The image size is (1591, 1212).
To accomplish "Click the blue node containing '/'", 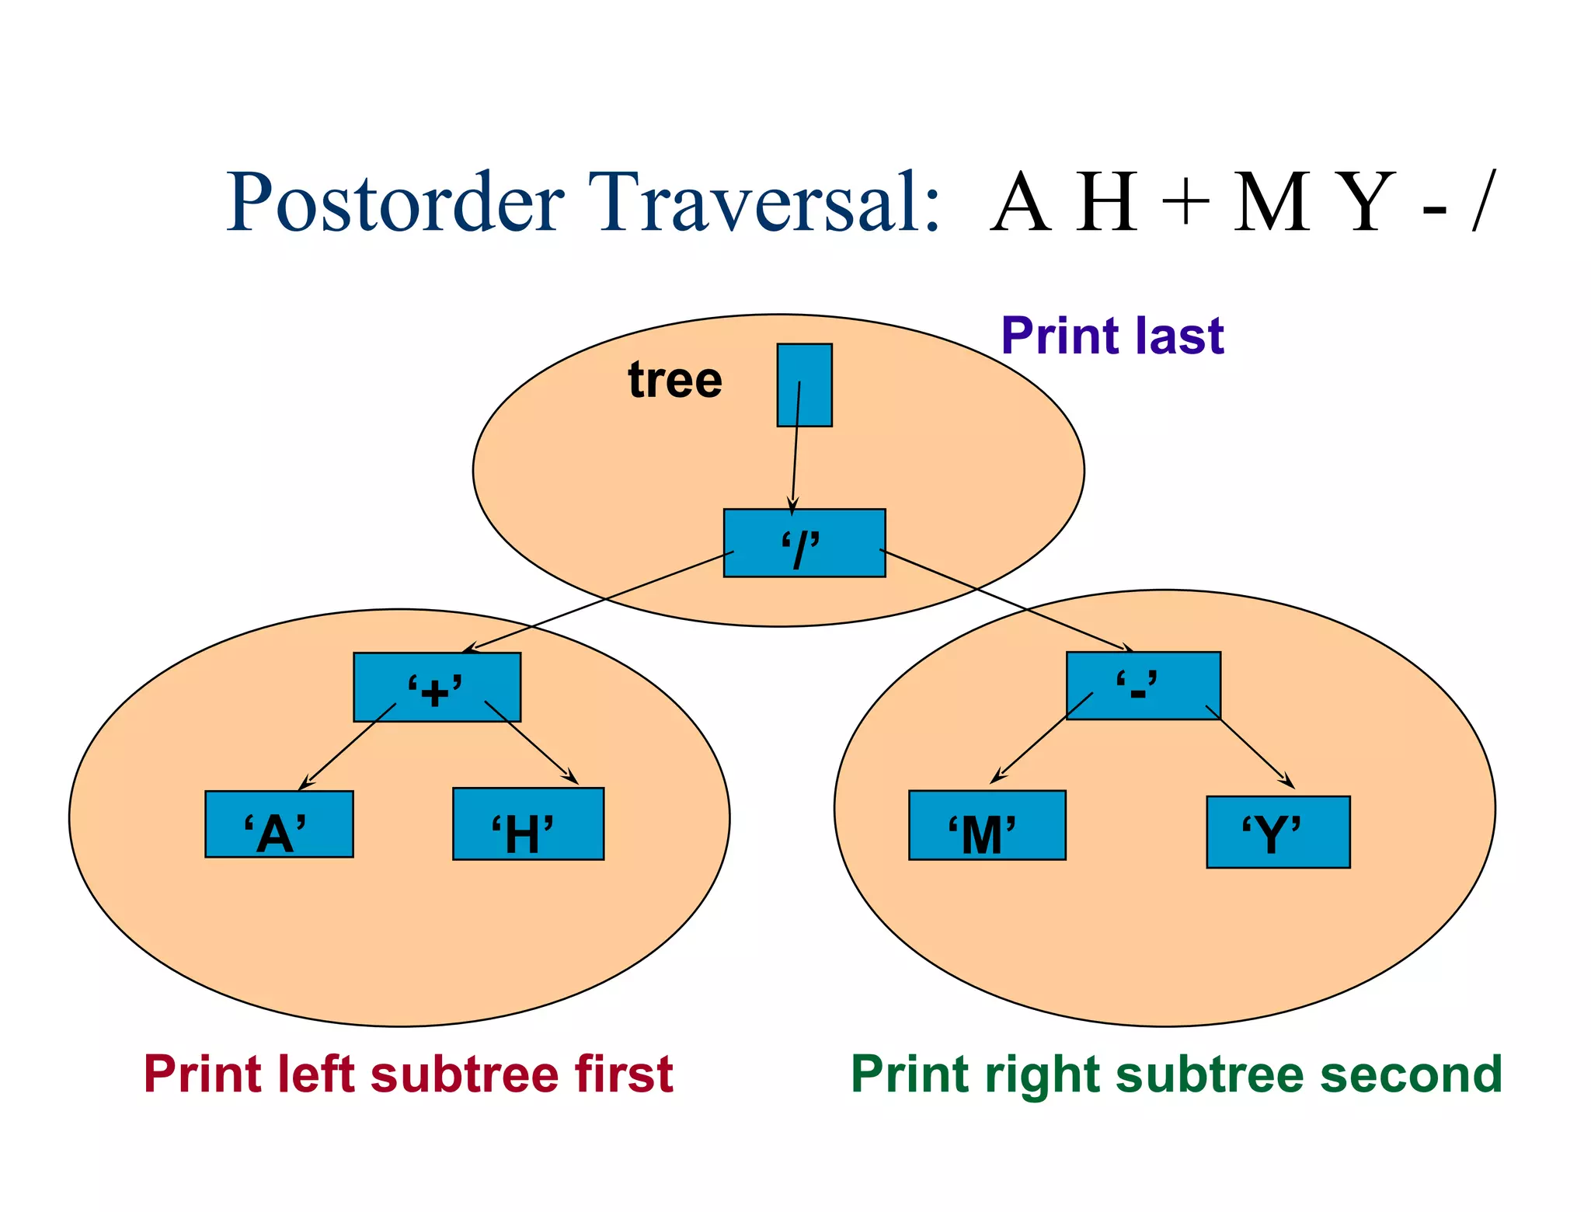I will (804, 543).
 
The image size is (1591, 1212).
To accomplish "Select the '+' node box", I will (437, 687).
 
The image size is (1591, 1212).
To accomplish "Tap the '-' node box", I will (1143, 685).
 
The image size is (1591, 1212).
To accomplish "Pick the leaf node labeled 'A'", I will (279, 824).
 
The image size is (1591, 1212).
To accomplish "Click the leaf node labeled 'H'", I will (528, 824).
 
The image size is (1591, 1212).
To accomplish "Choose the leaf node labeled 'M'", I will (987, 825).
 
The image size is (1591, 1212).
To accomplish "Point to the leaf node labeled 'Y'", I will (1278, 832).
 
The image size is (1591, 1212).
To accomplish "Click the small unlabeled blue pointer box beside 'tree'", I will (804, 385).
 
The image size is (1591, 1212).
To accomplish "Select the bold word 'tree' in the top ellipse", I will (675, 380).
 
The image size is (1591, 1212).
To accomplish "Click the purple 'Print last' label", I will (1112, 336).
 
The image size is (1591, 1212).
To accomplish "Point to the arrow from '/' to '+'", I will (602, 600).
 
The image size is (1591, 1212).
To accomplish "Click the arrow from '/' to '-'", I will (1006, 600).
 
